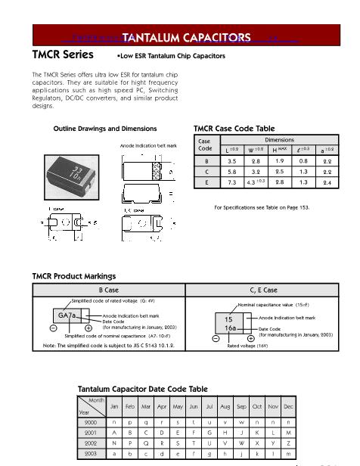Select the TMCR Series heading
pos(63,55)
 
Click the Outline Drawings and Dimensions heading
pos(105,129)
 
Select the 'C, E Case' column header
pos(263,290)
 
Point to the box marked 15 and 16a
pos(228,324)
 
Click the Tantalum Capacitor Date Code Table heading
pos(142,389)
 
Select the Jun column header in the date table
pos(194,406)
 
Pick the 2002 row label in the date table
pos(91,442)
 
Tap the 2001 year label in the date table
pos(91,432)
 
